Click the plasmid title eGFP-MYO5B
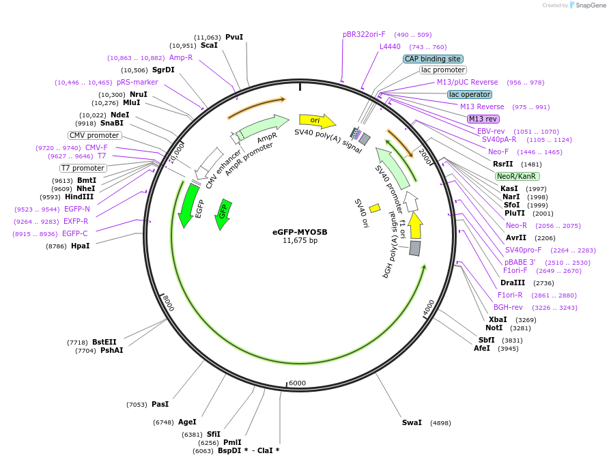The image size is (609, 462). point(300,231)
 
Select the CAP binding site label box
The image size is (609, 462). point(433,59)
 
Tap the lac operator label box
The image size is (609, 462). point(469,94)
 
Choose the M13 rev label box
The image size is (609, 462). point(483,119)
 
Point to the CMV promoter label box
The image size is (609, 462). point(94,135)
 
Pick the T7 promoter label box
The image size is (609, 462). point(83,168)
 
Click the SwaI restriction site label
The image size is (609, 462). point(412,423)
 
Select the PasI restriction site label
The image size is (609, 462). point(160,405)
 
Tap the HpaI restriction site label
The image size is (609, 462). point(80,246)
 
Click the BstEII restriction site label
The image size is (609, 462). point(104,342)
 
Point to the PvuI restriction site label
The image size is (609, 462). point(234,38)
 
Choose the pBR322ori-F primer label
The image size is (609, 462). point(364,34)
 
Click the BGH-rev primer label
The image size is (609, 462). point(508,307)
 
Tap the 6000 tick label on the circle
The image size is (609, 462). point(297,383)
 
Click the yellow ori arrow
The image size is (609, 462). point(317,121)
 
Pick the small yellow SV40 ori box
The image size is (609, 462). point(375,207)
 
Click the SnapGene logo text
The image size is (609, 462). point(587,5)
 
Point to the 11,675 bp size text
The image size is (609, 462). point(300,240)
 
